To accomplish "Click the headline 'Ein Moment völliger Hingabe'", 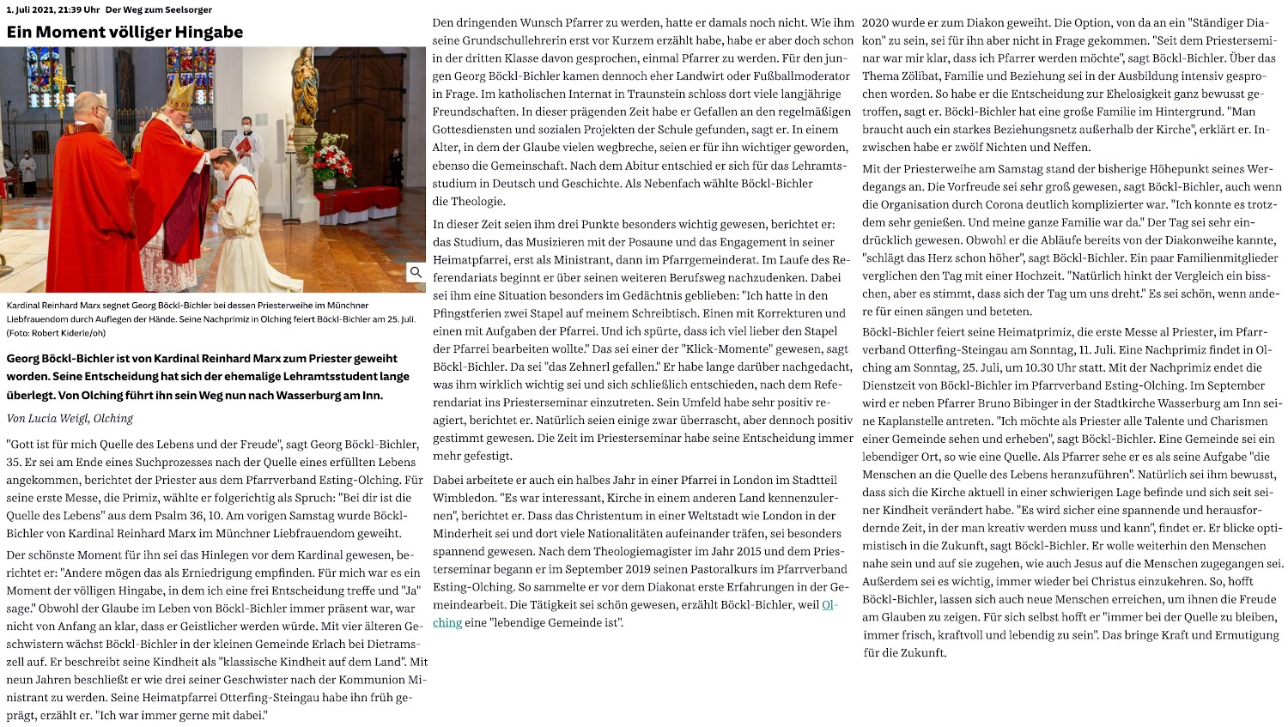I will [x=125, y=33].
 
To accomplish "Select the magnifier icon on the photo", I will [x=416, y=272].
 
